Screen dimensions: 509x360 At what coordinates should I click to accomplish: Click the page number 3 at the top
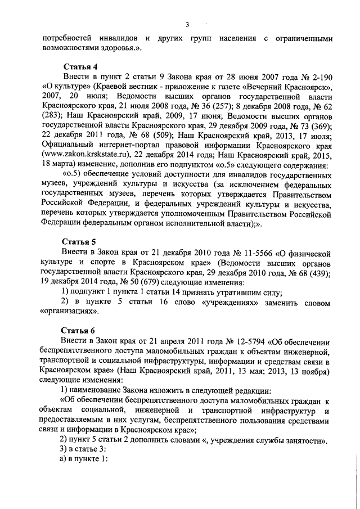(x=187, y=24)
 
